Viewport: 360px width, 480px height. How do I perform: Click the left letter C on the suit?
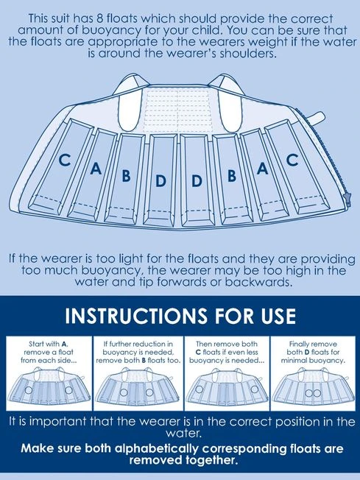pyautogui.click(x=65, y=160)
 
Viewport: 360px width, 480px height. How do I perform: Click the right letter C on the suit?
pyautogui.click(x=292, y=160)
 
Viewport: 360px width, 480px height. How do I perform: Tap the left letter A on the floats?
pyautogui.click(x=96, y=169)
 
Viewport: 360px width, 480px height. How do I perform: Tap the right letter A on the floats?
pyautogui.click(x=262, y=169)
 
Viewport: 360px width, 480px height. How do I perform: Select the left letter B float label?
pyautogui.click(x=126, y=176)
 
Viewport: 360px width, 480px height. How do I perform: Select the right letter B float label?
pyautogui.click(x=232, y=175)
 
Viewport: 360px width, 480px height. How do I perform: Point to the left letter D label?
pyautogui.click(x=160, y=181)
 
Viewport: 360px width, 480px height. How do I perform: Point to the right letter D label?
pyautogui.click(x=197, y=181)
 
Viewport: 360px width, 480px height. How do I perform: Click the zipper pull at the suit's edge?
pyautogui.click(x=347, y=198)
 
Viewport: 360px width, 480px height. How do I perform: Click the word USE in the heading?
pyautogui.click(x=278, y=316)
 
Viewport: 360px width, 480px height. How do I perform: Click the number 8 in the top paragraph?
pyautogui.click(x=99, y=18)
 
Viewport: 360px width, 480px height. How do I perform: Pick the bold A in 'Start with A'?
pyautogui.click(x=64, y=344)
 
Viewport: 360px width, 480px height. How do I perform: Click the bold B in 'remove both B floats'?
pyautogui.click(x=144, y=360)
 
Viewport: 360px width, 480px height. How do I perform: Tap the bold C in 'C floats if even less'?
pyautogui.click(x=198, y=353)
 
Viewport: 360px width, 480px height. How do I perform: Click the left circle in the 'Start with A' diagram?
pyautogui.click(x=28, y=390)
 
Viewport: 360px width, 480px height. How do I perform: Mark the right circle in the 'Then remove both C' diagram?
pyautogui.click(x=255, y=389)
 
